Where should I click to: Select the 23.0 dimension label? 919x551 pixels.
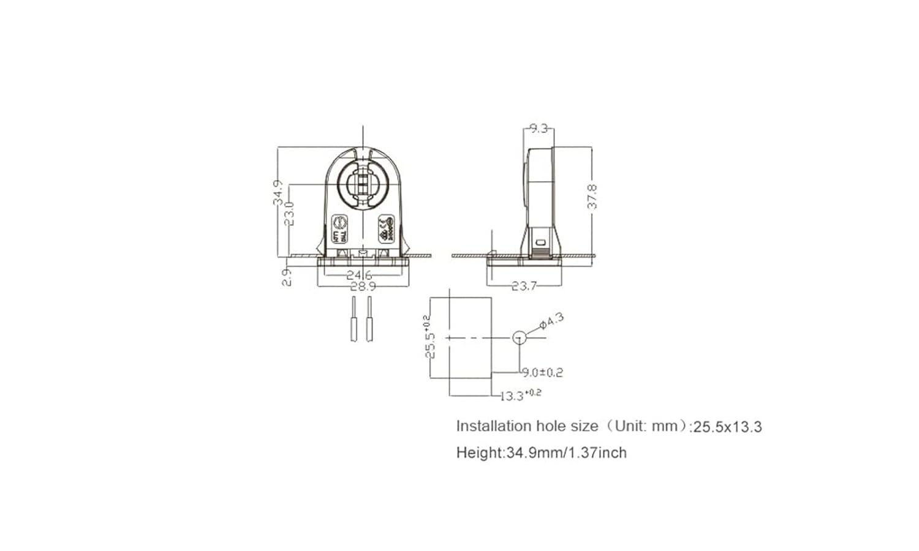290,214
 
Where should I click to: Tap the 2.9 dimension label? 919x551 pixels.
287,277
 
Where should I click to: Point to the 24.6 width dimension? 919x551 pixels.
359,275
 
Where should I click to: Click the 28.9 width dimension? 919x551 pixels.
363,287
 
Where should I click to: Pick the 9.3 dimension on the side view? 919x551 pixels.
539,129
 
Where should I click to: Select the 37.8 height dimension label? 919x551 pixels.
592,197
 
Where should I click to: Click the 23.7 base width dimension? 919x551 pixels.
524,286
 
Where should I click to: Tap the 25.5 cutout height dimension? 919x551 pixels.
430,337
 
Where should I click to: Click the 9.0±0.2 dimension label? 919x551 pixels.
542,372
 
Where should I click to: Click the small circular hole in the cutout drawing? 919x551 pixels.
519,338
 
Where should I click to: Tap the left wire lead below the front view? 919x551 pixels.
354,319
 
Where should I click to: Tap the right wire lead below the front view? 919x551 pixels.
369,319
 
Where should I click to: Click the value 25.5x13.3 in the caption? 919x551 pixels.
727,427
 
